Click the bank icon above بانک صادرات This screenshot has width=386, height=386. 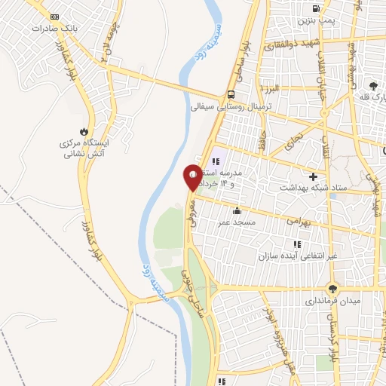coord(54,16)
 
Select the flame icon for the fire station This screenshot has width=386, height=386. coord(93,130)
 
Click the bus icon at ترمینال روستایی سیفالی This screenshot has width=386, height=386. coord(231,95)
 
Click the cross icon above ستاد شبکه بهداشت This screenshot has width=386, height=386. coord(312,176)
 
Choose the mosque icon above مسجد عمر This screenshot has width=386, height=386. coord(237,211)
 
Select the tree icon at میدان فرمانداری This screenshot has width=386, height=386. coord(333,288)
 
